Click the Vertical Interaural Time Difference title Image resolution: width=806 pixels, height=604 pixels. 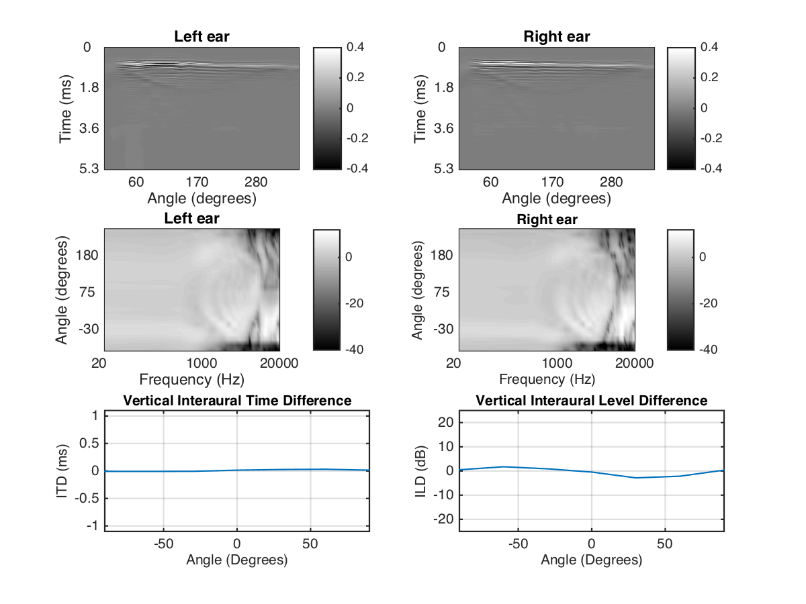[x=237, y=401]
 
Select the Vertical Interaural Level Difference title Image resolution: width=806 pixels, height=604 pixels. [x=592, y=401]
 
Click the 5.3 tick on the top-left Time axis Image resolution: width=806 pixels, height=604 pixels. [x=89, y=168]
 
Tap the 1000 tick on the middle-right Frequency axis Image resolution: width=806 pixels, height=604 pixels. [x=557, y=363]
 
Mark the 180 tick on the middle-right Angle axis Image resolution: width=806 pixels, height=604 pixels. [x=443, y=255]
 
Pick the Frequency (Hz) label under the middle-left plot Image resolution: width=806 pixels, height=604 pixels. [x=192, y=379]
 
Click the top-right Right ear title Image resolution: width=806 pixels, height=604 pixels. [x=557, y=37]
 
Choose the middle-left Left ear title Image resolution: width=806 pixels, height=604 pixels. [x=192, y=219]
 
